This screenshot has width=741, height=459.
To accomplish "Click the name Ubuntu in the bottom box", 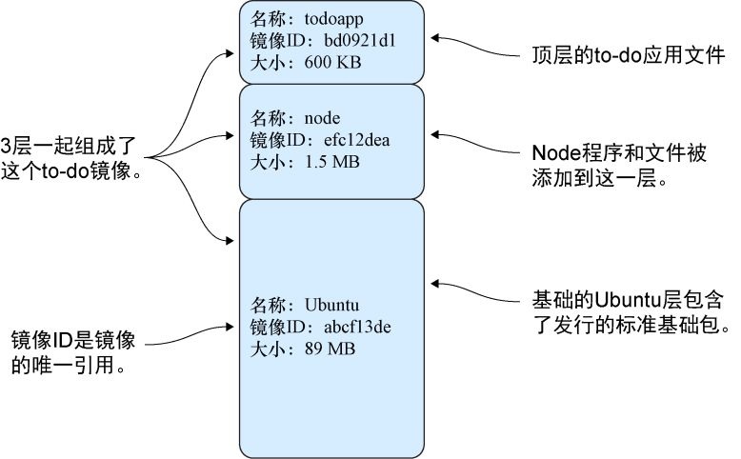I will click(330, 305).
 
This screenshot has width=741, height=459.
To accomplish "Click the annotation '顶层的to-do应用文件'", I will click(629, 58).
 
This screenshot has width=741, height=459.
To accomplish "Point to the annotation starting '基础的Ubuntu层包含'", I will click(630, 311).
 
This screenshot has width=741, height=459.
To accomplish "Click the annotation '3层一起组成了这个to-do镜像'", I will click(71, 159).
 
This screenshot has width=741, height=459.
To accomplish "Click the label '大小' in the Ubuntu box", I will click(266, 349).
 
